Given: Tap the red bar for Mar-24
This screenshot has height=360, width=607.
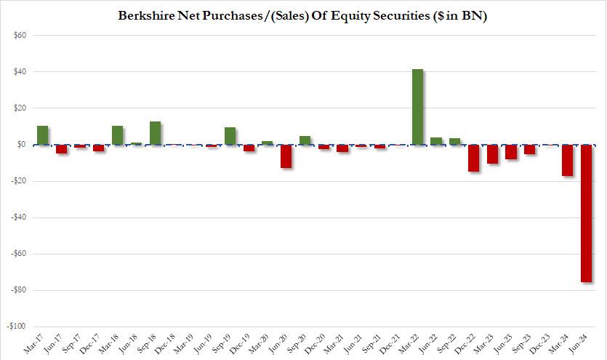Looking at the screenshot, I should tap(567, 160).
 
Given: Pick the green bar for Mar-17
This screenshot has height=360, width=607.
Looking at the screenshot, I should tap(43, 135).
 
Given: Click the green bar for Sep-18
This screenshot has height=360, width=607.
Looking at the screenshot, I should tap(156, 133).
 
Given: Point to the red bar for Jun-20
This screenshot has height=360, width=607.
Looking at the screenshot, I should tap(286, 156).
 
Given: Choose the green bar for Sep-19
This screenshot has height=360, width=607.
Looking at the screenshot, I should tap(230, 136).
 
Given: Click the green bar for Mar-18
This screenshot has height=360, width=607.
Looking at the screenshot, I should tap(118, 135).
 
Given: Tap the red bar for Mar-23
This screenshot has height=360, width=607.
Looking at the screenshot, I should tap(493, 154).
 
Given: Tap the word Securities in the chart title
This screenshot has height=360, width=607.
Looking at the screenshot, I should tap(393, 15).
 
